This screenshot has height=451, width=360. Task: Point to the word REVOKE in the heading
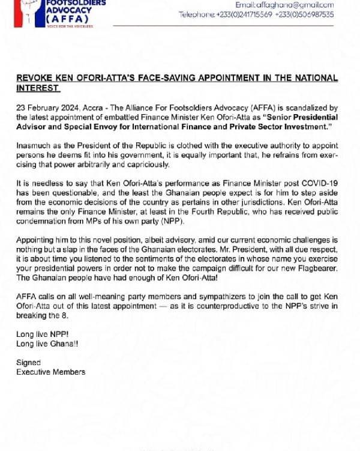[37, 78]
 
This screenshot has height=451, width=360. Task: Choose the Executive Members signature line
[51, 372]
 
